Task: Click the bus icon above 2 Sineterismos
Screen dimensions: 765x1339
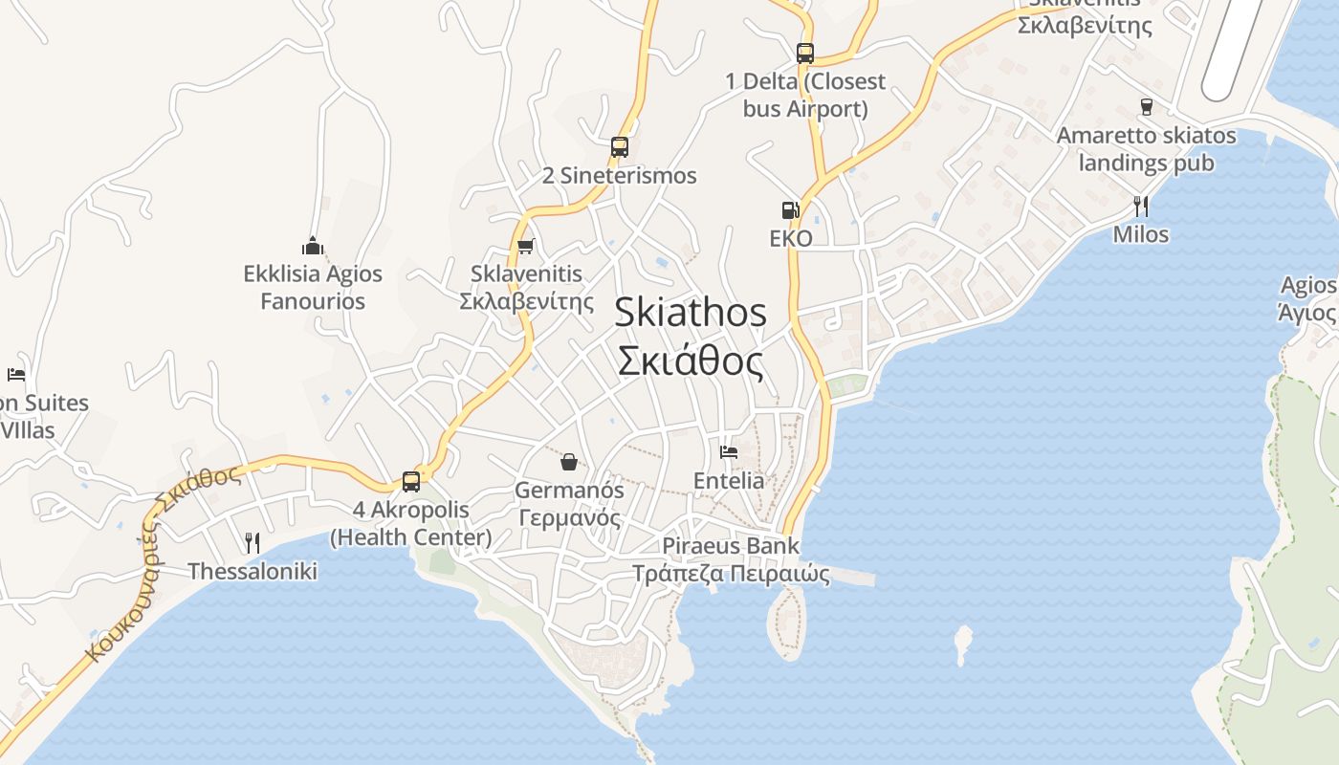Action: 620,147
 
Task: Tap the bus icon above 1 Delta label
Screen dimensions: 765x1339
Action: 805,54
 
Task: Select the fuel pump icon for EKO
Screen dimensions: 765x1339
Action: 790,210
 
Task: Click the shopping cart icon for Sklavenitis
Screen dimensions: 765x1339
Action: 525,247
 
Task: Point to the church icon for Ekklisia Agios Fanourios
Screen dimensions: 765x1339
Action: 313,246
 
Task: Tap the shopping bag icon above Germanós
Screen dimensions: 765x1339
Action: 569,463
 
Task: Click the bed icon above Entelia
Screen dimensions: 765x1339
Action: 729,452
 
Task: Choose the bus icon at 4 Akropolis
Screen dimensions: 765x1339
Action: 411,482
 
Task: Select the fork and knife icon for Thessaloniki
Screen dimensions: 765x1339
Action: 252,543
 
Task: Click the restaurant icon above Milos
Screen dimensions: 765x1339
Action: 1140,206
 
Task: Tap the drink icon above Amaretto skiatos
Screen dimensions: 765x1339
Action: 1146,107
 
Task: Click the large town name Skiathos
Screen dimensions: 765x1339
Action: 691,313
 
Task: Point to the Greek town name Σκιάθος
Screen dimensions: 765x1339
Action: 691,362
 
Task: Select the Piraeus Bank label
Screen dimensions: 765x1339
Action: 731,546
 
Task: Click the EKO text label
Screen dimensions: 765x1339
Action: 791,238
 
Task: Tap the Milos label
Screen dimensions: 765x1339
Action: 1140,234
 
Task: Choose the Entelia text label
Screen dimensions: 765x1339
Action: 729,480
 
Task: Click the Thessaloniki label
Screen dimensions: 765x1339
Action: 252,572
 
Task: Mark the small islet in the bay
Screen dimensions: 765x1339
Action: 962,643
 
